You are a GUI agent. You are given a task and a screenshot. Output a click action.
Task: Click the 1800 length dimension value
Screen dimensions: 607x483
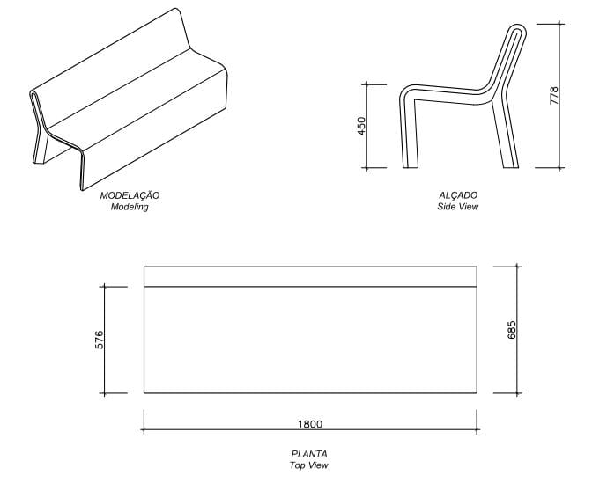(310, 424)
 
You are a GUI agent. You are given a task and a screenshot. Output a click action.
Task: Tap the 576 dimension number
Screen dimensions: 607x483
(100, 340)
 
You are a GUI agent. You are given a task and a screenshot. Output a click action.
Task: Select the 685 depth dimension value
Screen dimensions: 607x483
(511, 330)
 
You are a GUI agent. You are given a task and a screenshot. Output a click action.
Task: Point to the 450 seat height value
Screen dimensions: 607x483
(361, 126)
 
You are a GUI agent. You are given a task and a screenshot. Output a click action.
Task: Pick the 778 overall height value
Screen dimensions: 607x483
(554, 96)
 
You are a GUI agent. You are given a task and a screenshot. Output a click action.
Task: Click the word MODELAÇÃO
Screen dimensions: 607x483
(130, 195)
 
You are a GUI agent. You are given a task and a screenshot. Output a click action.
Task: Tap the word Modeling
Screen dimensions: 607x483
(130, 207)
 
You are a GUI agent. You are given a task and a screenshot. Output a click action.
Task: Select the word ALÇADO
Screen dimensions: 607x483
(458, 195)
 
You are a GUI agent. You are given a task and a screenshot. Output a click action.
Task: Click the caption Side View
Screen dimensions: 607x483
(458, 207)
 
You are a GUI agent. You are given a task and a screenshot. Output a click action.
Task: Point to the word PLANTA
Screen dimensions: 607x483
(309, 454)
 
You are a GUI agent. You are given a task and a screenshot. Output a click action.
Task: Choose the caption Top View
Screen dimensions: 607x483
(309, 465)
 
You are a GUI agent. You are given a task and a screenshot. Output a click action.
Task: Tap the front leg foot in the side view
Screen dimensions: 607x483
(411, 165)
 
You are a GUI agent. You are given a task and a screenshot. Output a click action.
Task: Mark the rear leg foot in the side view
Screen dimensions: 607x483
(511, 165)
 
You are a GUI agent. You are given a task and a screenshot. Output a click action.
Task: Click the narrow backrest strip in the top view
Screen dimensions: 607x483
(310, 276)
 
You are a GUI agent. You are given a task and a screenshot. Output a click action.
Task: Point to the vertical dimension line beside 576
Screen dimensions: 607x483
(105, 340)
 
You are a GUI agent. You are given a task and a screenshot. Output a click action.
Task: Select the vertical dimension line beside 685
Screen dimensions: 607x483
(517, 330)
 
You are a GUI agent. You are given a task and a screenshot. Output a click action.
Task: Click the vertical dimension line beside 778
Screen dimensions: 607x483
(560, 96)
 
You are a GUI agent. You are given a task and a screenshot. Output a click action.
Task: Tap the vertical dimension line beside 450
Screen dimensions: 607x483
(367, 126)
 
